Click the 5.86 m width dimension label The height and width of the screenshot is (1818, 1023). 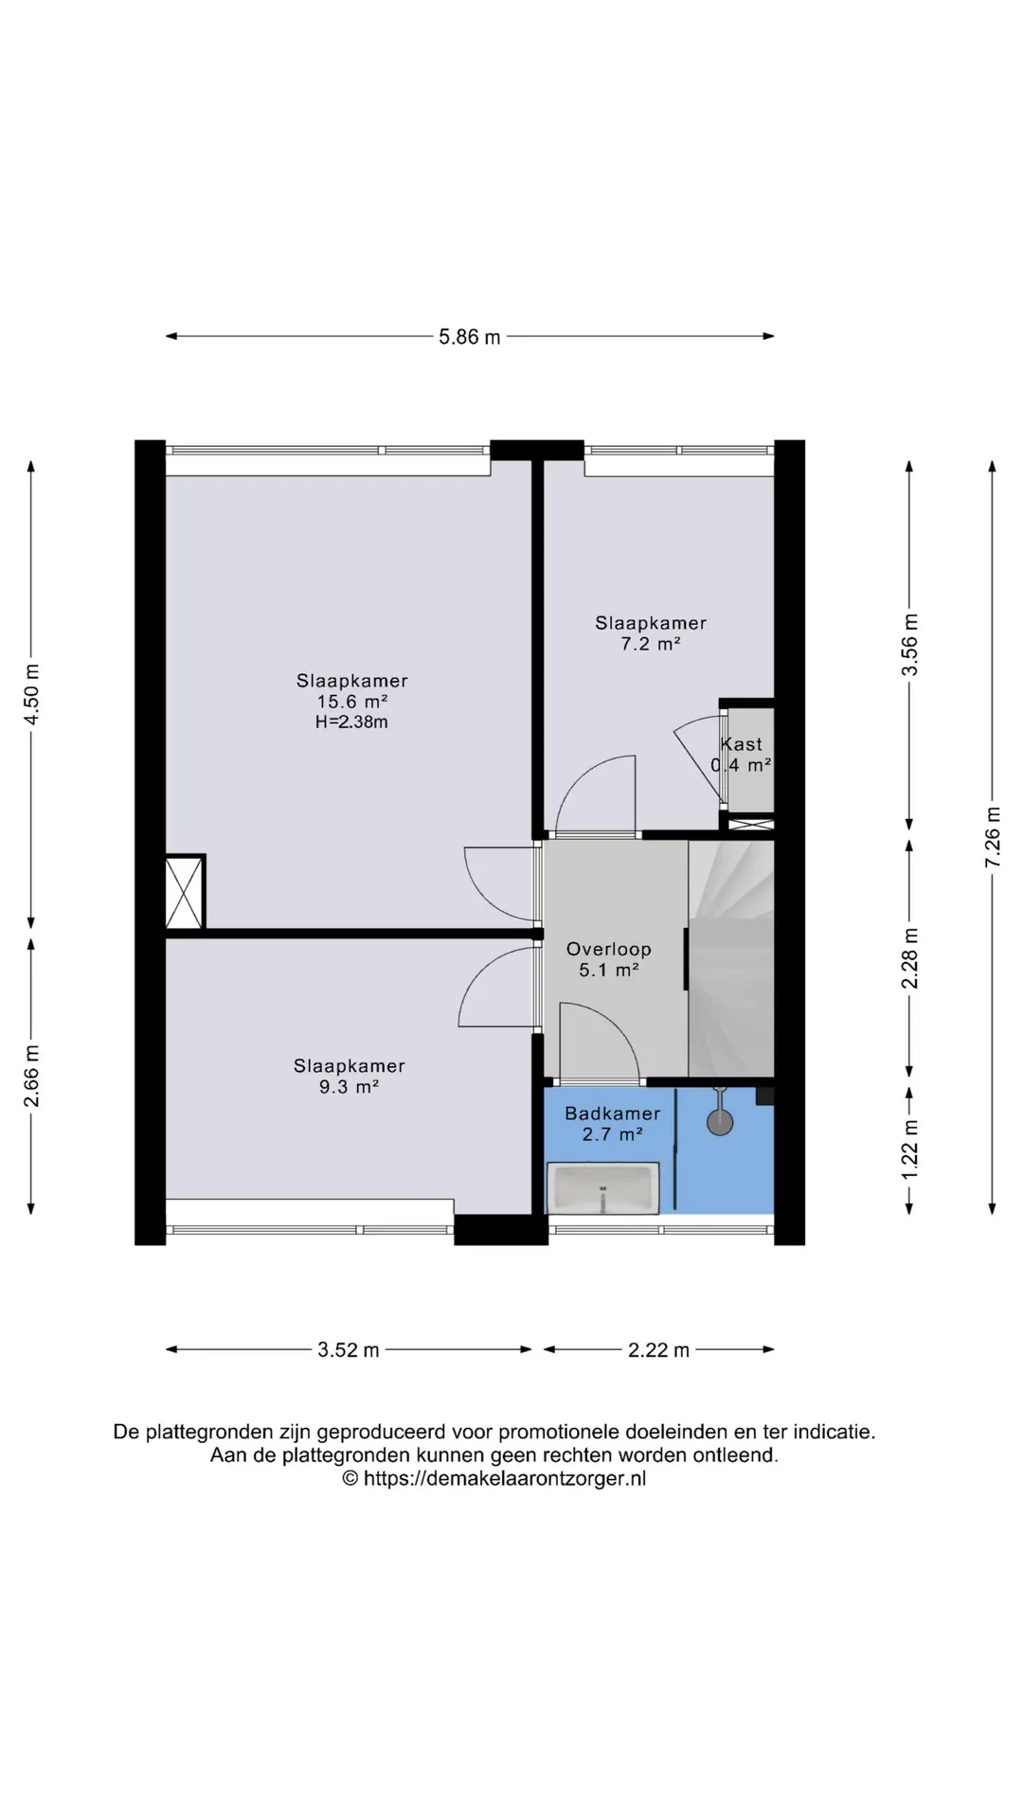click(469, 337)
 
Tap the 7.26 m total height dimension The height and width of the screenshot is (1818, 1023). click(993, 836)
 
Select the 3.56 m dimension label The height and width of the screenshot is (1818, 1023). click(909, 645)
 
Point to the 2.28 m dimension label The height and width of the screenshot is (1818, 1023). click(909, 958)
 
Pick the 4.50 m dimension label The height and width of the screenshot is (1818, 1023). click(31, 694)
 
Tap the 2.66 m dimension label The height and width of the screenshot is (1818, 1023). click(31, 1076)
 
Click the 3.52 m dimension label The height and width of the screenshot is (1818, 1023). click(348, 1350)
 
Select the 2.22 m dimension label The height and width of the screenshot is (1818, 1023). click(658, 1350)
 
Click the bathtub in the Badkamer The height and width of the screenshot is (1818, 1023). click(603, 1189)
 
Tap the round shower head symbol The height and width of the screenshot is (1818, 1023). click(720, 1123)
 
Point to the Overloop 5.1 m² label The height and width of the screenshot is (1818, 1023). click(609, 959)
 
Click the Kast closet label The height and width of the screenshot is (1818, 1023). click(741, 744)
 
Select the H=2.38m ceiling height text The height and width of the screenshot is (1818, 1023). click(351, 722)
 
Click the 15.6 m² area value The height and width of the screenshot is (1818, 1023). click(351, 702)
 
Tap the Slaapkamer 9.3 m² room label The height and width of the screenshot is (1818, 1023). click(349, 1077)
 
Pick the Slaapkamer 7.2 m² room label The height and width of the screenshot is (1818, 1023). click(651, 633)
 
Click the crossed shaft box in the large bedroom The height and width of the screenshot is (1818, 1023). click(185, 893)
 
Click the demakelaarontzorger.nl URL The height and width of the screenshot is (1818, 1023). click(504, 1479)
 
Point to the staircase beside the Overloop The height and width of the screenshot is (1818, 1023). click(731, 958)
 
